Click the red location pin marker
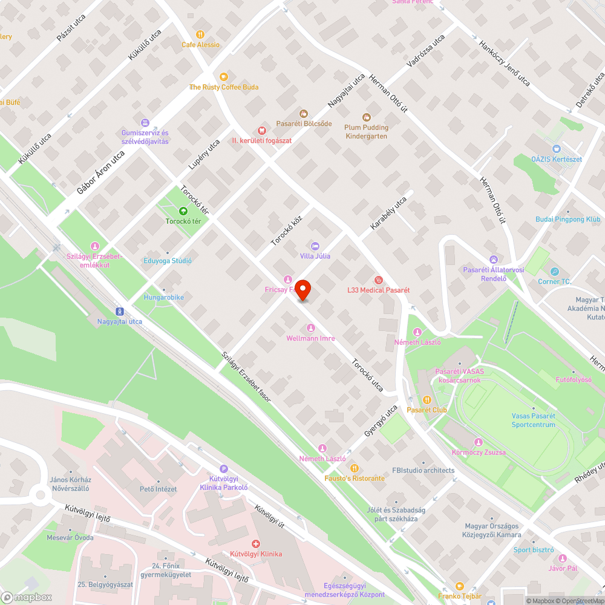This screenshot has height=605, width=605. [301, 290]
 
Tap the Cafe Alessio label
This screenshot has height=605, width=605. [201, 45]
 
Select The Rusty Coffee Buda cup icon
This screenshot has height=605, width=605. [224, 76]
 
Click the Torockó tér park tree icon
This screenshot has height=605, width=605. [183, 211]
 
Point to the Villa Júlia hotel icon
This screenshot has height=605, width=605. [315, 246]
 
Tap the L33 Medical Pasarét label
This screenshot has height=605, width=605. [378, 290]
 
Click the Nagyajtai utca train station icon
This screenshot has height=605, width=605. [120, 312]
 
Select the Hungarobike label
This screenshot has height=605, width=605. [163, 298]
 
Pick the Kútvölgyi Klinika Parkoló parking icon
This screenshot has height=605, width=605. [224, 468]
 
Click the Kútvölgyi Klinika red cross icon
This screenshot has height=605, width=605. [256, 544]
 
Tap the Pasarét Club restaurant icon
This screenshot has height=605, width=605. [427, 399]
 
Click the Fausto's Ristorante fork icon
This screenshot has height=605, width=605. [355, 468]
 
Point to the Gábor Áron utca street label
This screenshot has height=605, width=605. [100, 172]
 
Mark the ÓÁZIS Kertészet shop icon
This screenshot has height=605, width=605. [556, 148]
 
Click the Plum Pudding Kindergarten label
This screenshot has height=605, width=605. [367, 132]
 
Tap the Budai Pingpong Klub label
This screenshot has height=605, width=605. [568, 220]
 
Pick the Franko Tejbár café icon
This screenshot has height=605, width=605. [459, 586]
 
